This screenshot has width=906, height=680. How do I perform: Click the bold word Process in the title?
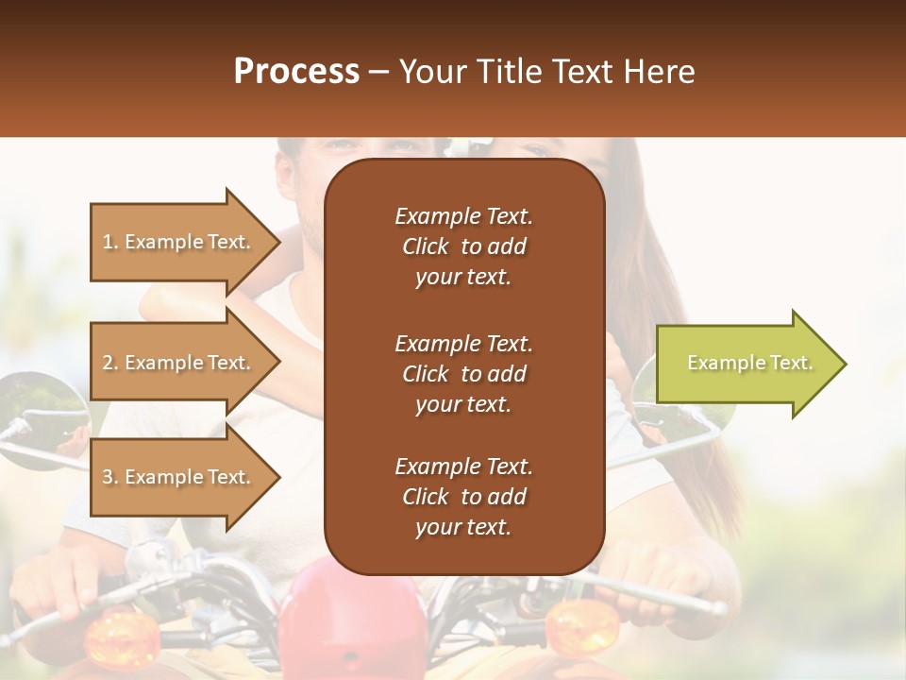[x=296, y=72]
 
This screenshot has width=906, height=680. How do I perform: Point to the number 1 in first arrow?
[x=108, y=242]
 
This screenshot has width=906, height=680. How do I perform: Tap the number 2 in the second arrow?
[x=108, y=363]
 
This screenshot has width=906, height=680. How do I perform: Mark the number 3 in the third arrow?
[x=108, y=477]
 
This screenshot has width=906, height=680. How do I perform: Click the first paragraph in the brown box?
[x=463, y=246]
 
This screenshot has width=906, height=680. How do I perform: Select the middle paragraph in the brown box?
[x=463, y=373]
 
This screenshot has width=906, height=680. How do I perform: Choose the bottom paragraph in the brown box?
[x=463, y=497]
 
